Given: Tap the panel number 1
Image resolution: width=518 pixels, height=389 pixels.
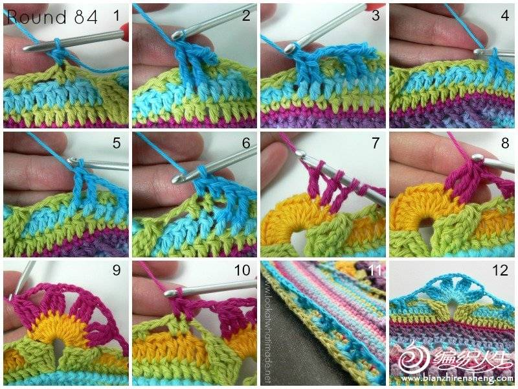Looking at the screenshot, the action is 117,16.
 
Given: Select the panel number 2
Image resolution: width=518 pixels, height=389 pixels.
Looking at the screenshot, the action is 246,16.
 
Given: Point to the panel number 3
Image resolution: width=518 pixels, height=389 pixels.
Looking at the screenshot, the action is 376,16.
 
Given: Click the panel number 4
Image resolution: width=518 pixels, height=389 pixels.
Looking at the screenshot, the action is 505,16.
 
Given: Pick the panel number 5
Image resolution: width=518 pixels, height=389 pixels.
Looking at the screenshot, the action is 117,143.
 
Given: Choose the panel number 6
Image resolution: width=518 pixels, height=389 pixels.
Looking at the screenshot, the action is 246,143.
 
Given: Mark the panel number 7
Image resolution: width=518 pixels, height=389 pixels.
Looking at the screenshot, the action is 376,143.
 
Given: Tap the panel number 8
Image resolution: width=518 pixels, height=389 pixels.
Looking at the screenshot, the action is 505,143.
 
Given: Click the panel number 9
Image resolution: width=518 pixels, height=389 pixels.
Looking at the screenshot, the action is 117,270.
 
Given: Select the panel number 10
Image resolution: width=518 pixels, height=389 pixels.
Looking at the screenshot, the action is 242,270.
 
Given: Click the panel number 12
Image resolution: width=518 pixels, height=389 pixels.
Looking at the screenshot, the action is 500,270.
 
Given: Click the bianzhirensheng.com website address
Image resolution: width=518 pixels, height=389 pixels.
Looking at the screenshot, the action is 456,378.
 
